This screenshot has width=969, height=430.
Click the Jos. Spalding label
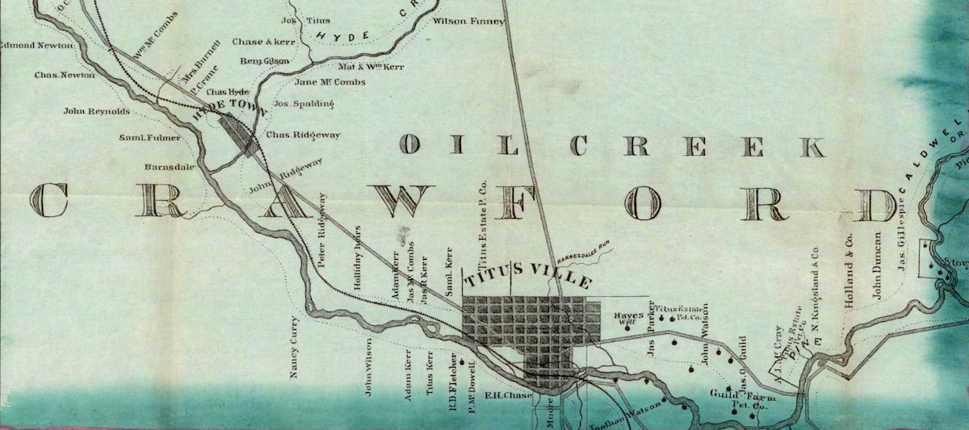point(304,103)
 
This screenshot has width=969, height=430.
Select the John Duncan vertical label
point(877,266)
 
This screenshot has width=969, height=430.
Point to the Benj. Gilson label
point(265,61)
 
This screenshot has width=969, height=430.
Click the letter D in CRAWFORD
point(877,202)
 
